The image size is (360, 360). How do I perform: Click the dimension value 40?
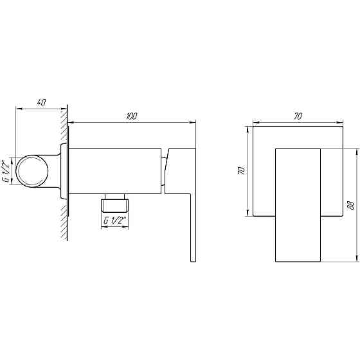tap(42, 102)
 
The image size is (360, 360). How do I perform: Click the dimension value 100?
tap(131, 116)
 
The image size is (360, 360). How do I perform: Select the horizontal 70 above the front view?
tap(298, 116)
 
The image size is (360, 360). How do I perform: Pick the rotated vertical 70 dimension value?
tap(242, 170)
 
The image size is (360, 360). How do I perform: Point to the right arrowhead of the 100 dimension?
tap(194, 122)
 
